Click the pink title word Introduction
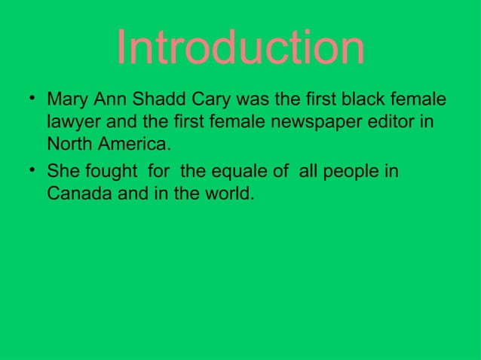(x=240, y=48)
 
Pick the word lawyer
(x=72, y=121)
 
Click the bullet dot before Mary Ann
(x=29, y=97)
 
